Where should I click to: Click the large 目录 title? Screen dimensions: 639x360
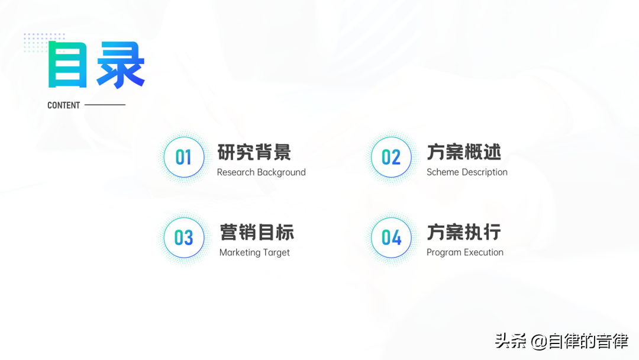[96, 65]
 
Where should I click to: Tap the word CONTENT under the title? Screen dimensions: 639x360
[63, 105]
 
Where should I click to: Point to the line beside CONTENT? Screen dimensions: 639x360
[105, 105]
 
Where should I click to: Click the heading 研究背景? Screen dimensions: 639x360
[254, 152]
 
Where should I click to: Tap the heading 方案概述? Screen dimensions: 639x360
[464, 152]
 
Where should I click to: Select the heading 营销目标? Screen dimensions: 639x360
[257, 232]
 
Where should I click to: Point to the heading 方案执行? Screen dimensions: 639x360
[464, 232]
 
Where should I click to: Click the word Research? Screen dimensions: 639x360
[235, 172]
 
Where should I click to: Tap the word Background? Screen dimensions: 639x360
[281, 172]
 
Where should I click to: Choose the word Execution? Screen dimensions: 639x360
[485, 252]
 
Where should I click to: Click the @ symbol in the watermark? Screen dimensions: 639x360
[539, 342]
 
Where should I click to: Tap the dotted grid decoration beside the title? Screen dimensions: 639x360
[44, 43]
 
